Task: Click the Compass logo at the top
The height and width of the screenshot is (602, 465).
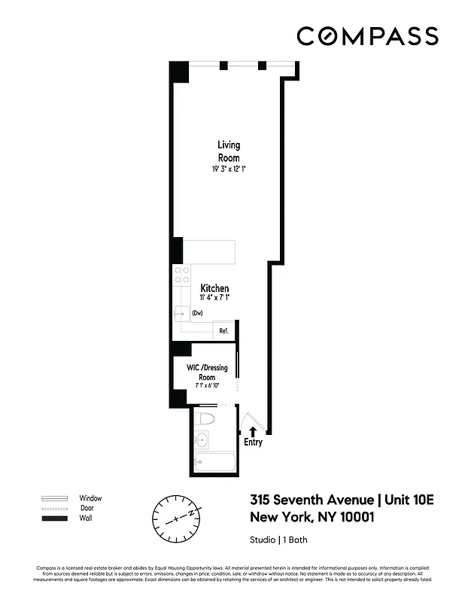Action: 366,36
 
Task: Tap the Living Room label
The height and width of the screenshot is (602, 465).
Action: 229,151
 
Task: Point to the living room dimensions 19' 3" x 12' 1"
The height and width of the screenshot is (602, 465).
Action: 229,170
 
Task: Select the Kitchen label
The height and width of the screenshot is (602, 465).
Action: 214,288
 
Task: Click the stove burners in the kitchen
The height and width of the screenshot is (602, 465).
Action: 181,275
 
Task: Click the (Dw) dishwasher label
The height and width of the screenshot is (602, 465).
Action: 198,313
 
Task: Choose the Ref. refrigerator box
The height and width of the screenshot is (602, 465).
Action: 223,330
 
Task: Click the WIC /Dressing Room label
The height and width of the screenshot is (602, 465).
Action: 207,372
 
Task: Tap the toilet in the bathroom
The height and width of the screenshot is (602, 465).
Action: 205,418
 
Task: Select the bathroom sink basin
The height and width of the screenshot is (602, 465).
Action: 201,440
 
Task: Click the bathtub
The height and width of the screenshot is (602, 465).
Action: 214,464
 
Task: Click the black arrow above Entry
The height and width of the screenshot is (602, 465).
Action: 253,431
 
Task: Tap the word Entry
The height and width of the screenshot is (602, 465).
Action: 253,442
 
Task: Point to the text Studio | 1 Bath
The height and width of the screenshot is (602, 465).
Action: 278,540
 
